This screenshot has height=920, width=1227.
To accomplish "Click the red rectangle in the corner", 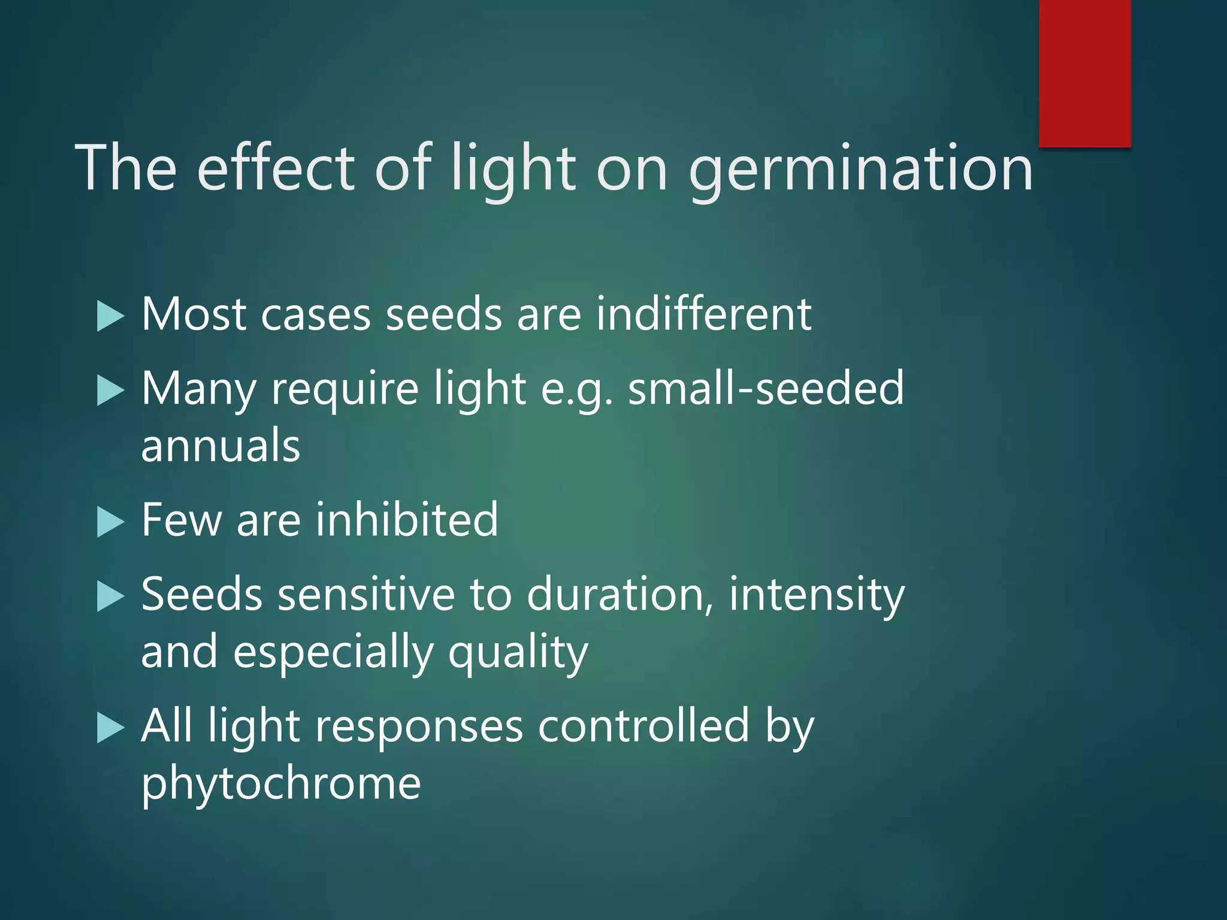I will coord(1084,73).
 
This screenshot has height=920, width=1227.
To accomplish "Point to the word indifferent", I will coord(703,314).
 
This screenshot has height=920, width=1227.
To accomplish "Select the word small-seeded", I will coord(765,388).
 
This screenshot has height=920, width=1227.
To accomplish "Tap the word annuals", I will coord(220,446).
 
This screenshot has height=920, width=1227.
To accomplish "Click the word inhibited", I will coord(407,519).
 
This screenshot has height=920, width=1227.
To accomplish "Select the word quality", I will coord(518,653).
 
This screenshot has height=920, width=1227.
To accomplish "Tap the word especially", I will coord(333,653).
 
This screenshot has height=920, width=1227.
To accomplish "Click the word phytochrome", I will coord(281,784).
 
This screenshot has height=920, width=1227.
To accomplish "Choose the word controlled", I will coord(643,726).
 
